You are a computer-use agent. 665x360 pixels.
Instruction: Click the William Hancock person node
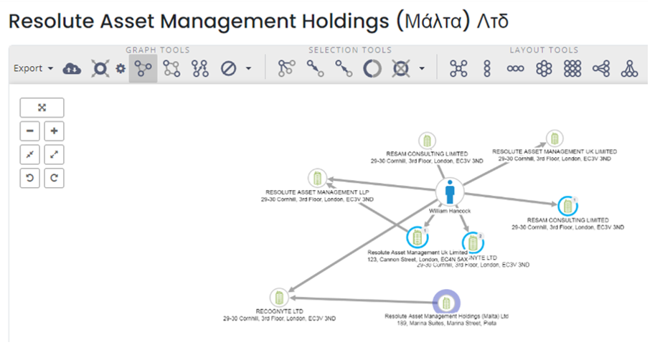pos(450,192)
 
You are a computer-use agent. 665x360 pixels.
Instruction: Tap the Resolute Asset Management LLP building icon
pos(317,179)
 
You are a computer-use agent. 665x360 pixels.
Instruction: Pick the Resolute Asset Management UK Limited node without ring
pos(554,139)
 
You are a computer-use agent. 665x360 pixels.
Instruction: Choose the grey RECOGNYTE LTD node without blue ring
pos(278,297)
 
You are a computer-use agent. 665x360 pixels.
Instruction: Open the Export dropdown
pos(34,68)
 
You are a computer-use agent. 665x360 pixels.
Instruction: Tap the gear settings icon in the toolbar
pos(121,69)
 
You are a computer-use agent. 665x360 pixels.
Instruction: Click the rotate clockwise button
pos(54,178)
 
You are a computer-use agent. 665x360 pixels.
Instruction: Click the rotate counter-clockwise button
pos(29,178)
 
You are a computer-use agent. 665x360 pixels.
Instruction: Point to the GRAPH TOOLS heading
pos(158,50)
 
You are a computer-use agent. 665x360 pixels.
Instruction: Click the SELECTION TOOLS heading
pos(350,50)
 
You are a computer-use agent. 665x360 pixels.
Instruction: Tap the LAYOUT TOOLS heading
pos(544,50)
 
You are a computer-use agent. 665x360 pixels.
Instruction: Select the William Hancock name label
pos(450,211)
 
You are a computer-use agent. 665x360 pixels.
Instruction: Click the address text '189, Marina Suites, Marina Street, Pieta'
pos(446,323)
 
